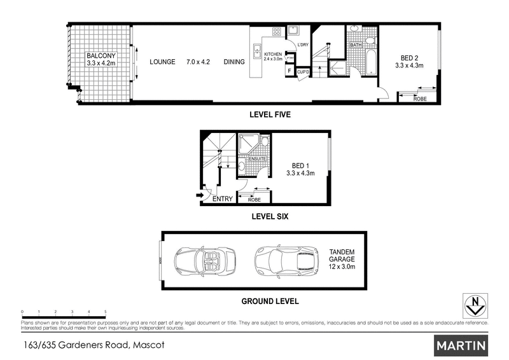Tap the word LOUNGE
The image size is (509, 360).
pyautogui.click(x=162, y=62)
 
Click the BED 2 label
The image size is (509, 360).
pyautogui.click(x=408, y=55)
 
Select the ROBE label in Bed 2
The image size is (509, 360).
pyautogui.click(x=420, y=99)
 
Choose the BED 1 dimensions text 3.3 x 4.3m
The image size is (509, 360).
pyautogui.click(x=301, y=172)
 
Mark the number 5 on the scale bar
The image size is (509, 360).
pyautogui.click(x=105, y=312)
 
